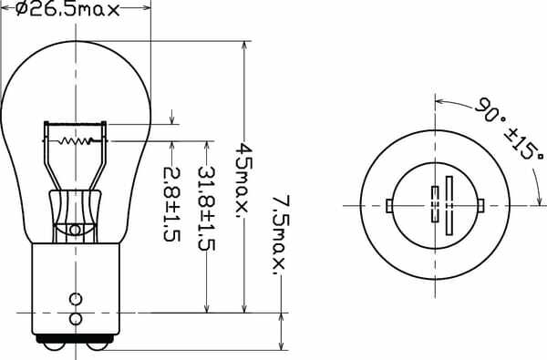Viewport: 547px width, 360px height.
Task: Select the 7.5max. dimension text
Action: coord(279,233)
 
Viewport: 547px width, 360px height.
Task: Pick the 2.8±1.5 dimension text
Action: coord(170,202)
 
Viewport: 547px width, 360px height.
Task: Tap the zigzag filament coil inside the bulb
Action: coord(77,141)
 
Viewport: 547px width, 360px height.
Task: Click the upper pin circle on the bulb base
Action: coord(76,298)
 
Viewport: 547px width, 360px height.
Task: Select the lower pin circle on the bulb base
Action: coord(76,319)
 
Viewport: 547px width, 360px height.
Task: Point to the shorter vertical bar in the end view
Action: coord(435,203)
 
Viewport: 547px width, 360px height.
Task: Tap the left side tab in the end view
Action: coord(389,205)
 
